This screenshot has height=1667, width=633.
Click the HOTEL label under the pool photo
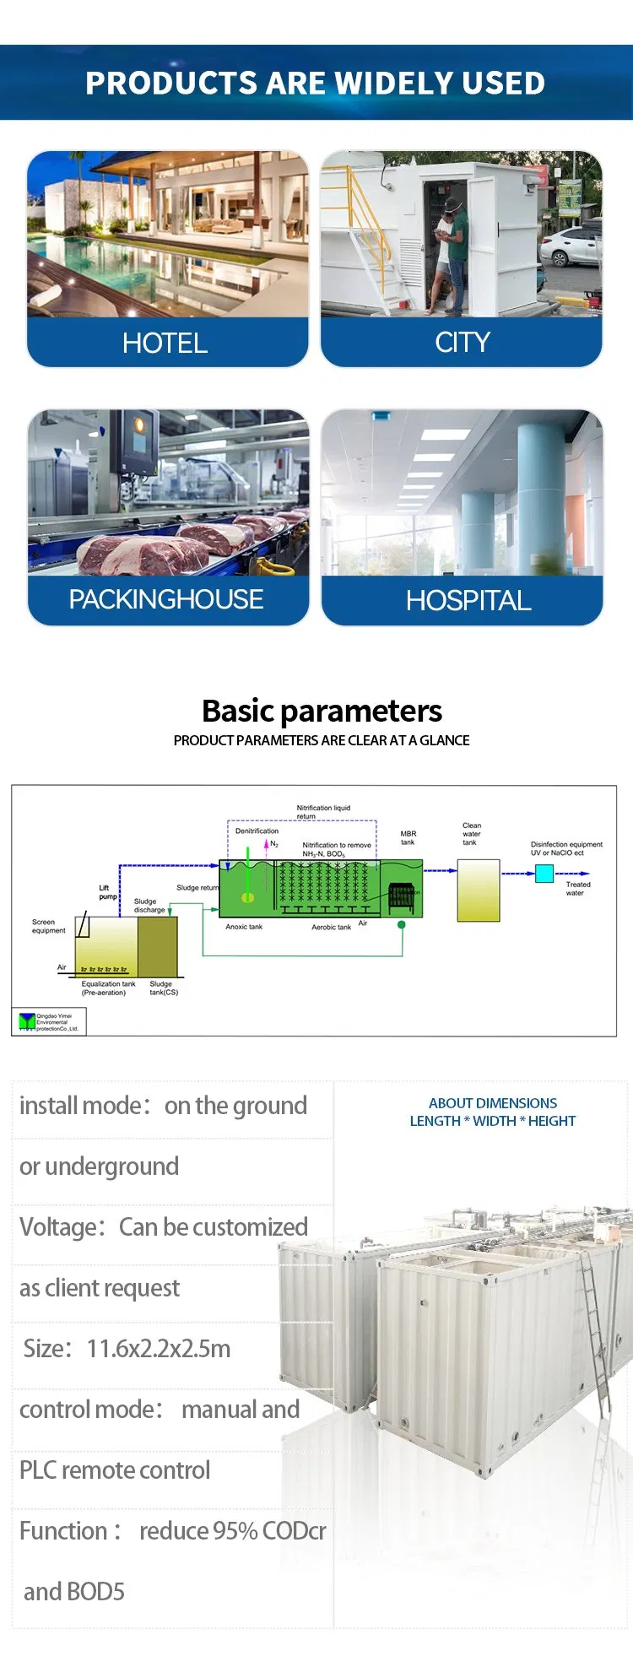(165, 343)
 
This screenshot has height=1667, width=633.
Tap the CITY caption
(462, 342)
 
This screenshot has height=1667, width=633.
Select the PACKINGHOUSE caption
(166, 599)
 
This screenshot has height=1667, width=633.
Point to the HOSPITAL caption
(468, 600)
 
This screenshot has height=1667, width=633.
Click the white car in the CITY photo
(572, 246)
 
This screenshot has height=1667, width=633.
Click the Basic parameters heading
(322, 711)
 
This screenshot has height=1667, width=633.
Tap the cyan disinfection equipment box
(544, 874)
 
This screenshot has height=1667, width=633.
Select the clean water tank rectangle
(479, 890)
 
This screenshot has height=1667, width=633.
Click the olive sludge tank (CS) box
(157, 946)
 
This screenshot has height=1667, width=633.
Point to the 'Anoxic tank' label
(244, 927)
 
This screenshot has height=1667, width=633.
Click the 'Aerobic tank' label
(331, 927)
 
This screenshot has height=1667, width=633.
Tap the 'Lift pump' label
(107, 892)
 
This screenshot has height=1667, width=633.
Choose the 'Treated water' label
(577, 888)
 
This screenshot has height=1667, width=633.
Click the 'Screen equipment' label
(48, 926)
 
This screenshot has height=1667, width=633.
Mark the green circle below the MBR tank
(402, 925)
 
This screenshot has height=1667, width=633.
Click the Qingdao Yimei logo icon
(27, 1022)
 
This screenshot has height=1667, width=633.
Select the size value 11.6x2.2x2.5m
(159, 1349)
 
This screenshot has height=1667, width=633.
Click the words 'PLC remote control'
(115, 1470)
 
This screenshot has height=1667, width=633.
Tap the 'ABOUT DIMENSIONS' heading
(493, 1103)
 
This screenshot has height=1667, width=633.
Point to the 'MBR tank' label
(408, 837)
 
